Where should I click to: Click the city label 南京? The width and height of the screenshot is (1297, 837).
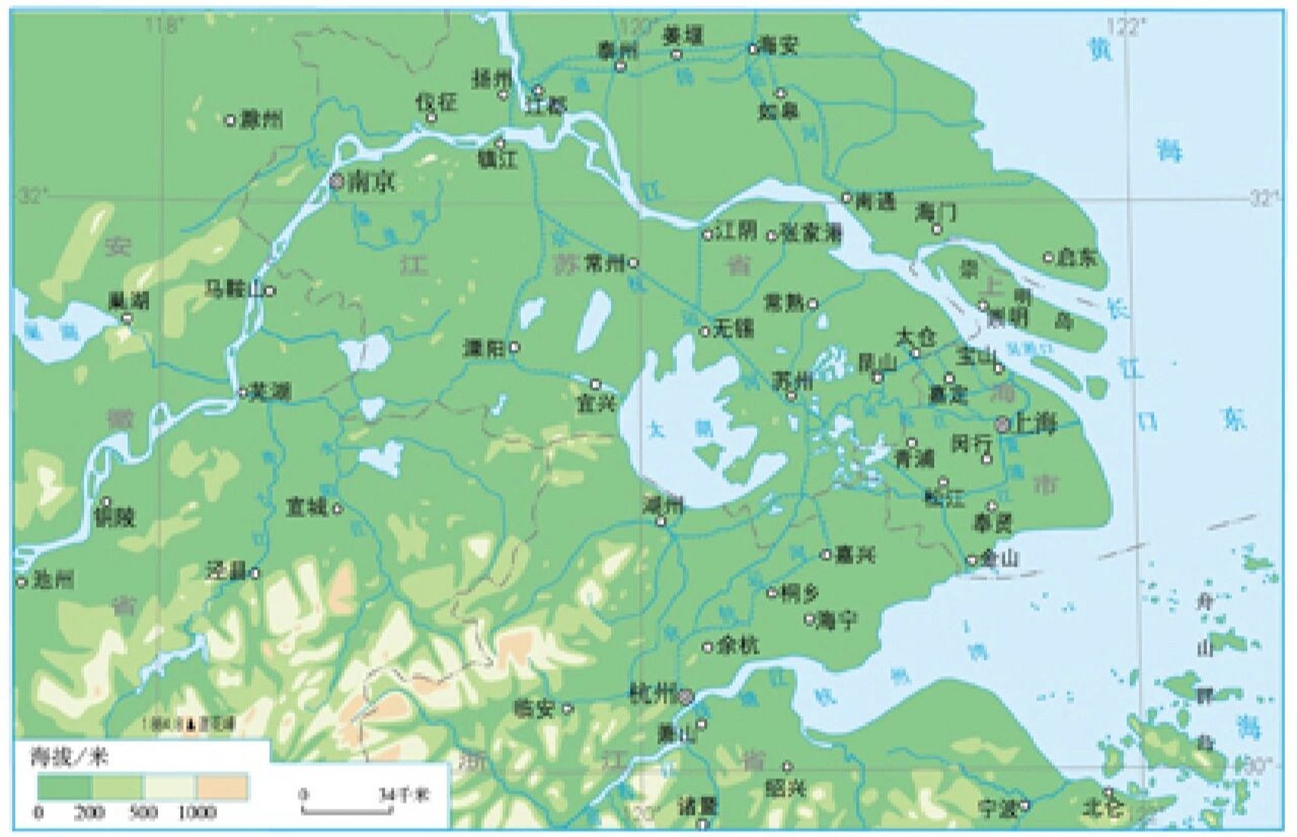[x=371, y=182]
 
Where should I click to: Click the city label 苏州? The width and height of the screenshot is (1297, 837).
[x=792, y=381]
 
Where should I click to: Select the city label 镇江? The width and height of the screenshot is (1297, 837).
[x=499, y=160]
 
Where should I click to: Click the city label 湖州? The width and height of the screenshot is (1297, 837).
[x=663, y=505]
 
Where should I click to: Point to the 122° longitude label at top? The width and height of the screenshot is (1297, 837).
[x=1126, y=26]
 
